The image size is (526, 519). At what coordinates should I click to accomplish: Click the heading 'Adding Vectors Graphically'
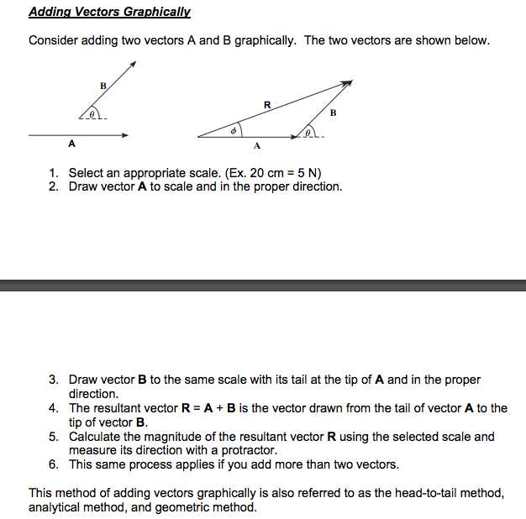coord(110,13)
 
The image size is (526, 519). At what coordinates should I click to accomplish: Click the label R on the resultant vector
coord(267,105)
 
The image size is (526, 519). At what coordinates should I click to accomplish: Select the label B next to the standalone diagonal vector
coord(103,86)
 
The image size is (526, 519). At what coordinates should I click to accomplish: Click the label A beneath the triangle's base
coord(257,148)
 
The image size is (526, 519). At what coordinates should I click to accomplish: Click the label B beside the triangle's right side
coord(334,113)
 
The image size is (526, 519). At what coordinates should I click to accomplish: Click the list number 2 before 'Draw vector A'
coord(52,186)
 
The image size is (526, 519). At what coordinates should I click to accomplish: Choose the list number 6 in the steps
coord(52,464)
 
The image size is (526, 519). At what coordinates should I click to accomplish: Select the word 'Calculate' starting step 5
coord(97,437)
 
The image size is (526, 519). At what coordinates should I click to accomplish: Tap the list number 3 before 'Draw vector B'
coord(52,380)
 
